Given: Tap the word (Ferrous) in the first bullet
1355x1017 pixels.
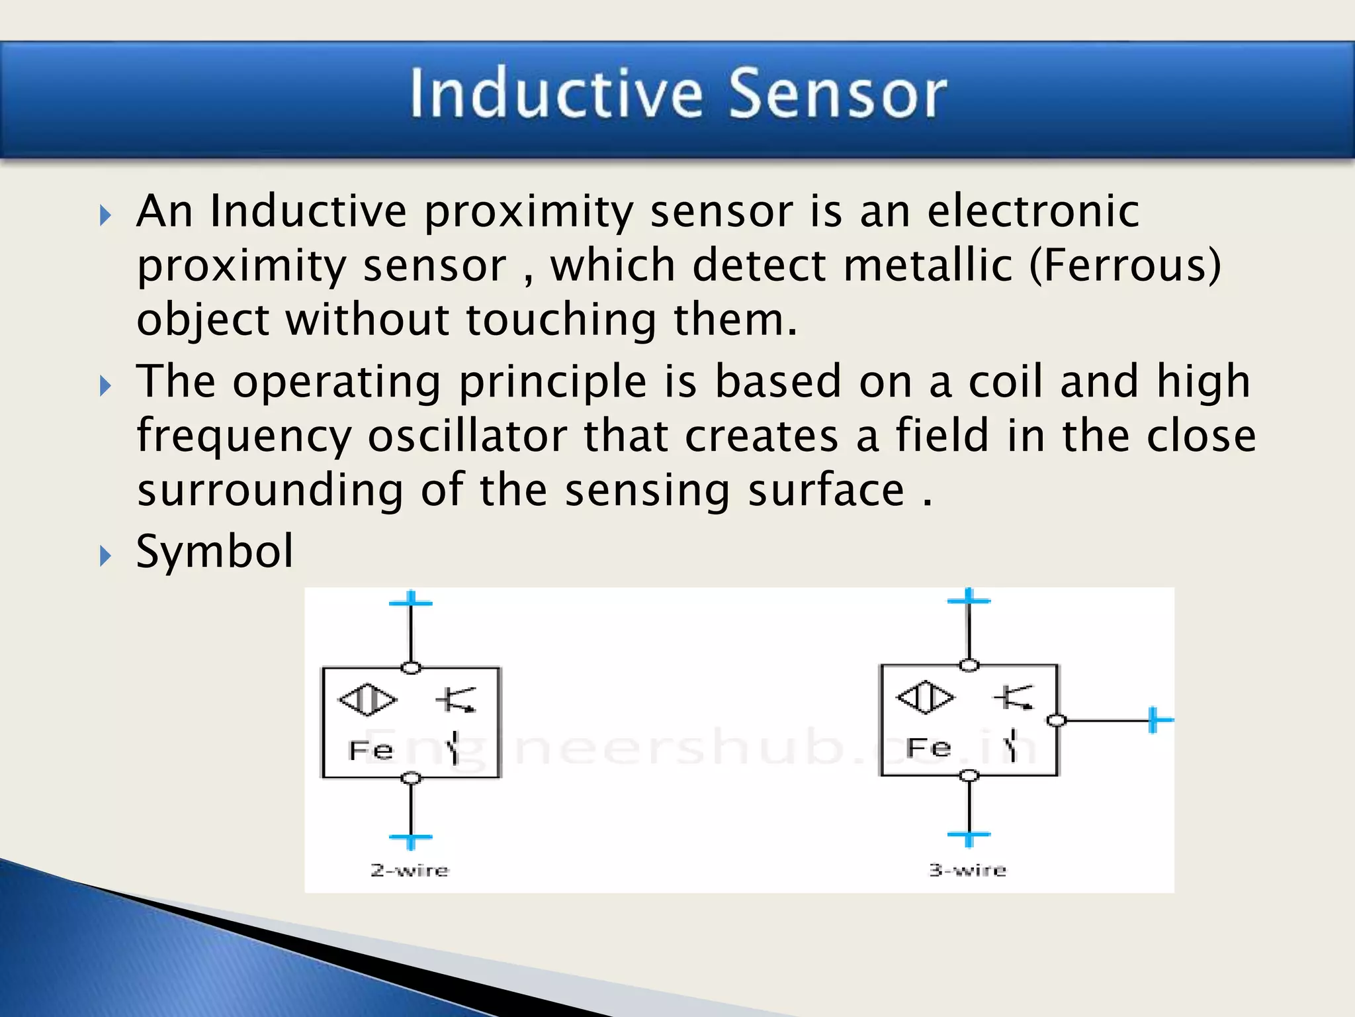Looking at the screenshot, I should [1125, 265].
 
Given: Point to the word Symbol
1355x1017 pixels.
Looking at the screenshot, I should [214, 552].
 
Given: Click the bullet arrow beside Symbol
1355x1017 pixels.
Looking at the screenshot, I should [105, 556].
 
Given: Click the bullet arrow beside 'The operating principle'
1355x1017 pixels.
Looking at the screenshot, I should [105, 385].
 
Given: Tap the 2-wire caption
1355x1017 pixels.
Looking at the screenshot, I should [410, 870].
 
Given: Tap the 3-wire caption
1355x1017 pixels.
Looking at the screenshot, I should [967, 869].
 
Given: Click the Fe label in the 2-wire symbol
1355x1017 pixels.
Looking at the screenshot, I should [371, 750].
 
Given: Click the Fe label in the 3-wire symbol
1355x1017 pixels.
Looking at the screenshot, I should [928, 748].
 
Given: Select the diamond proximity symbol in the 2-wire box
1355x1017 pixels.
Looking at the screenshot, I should [368, 699].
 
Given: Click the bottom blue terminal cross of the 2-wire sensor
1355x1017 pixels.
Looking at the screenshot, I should [411, 839].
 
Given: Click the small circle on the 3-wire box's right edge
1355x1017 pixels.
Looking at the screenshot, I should [1057, 720].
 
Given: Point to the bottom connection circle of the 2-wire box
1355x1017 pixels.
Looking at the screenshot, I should [411, 778].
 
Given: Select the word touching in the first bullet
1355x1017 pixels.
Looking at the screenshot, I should [561, 319].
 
